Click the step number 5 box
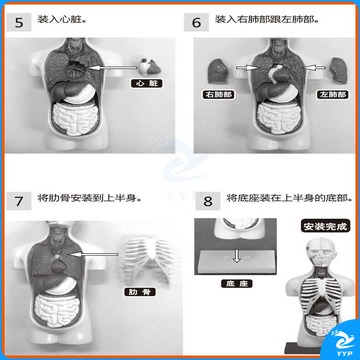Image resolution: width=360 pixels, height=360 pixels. click(x=19, y=23)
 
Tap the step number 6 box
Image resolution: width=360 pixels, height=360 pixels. click(x=196, y=23)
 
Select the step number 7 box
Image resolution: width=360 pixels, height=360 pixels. click(x=19, y=201)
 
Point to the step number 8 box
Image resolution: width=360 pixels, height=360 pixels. click(x=208, y=201)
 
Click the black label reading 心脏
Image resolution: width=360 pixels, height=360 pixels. click(x=147, y=83)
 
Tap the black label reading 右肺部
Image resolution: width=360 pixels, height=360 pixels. click(x=218, y=94)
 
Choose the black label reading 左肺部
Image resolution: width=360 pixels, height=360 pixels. click(x=332, y=94)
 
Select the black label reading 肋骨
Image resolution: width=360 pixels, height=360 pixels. click(x=140, y=292)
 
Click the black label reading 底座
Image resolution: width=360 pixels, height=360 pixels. click(x=237, y=284)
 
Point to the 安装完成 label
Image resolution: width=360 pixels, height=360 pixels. click(x=325, y=226)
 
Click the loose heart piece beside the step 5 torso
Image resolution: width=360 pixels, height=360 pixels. click(x=150, y=67)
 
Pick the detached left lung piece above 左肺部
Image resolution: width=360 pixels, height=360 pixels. click(x=338, y=71)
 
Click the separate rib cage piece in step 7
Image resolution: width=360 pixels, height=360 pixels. click(x=147, y=260)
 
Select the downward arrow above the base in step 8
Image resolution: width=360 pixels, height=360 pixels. click(x=236, y=256)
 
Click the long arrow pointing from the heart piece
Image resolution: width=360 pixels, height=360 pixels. click(x=114, y=68)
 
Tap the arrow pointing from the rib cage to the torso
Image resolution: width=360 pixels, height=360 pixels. click(x=95, y=255)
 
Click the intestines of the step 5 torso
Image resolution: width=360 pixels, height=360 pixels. click(x=74, y=118)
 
